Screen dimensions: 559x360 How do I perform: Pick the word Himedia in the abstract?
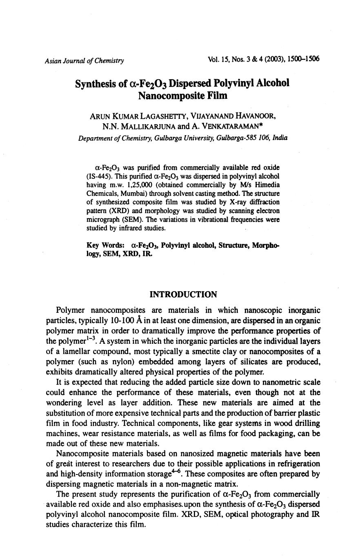pos(267,185)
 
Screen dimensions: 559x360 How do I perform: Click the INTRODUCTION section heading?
pos(183,294)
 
